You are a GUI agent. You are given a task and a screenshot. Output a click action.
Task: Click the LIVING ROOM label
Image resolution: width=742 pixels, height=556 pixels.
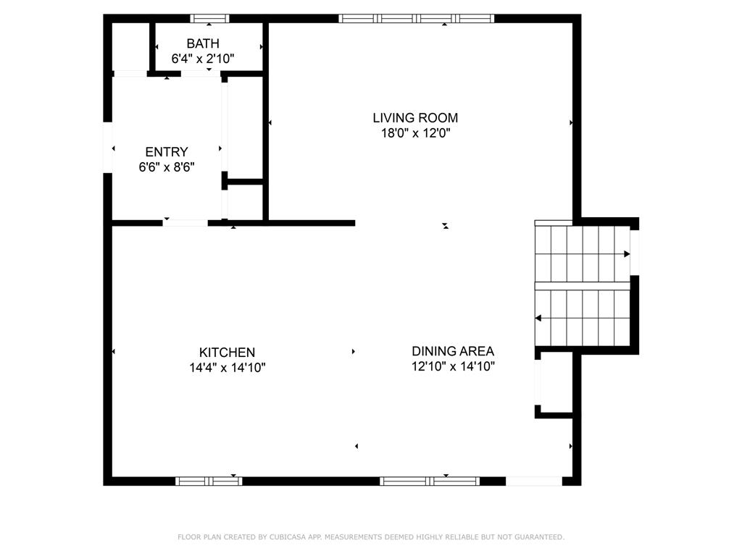[415, 117]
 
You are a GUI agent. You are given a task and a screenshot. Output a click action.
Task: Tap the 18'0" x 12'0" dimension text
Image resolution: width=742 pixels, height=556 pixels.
[415, 133]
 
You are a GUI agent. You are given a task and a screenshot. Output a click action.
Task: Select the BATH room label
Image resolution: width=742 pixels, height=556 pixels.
[203, 43]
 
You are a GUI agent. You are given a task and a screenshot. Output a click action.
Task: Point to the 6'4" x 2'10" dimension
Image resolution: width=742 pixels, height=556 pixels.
[203, 58]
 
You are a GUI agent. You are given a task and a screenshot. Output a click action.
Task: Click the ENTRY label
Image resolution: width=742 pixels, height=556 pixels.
[167, 152]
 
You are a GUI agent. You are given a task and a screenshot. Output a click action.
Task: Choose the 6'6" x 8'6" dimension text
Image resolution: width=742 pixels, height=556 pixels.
[167, 167]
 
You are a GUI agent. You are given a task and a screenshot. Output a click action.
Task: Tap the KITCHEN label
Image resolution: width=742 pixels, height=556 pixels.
[228, 353]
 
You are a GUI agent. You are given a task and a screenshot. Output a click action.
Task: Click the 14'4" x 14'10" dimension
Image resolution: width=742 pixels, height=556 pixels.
[228, 368]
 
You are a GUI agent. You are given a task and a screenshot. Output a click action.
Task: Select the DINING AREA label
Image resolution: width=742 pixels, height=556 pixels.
[453, 351]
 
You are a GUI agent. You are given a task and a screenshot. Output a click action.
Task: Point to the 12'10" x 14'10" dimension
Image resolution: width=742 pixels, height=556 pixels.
[453, 366]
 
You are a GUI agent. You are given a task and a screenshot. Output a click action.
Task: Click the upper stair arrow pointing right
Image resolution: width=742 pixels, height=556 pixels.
[626, 254]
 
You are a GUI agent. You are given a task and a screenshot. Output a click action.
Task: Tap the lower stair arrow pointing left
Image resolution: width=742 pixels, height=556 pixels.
[538, 318]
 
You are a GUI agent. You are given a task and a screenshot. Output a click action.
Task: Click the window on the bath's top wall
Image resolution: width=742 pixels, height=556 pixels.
[209, 18]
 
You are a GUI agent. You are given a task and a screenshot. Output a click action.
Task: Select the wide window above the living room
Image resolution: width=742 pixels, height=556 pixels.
[417, 18]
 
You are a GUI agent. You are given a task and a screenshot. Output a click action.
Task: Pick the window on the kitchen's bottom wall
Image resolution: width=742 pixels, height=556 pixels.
[209, 481]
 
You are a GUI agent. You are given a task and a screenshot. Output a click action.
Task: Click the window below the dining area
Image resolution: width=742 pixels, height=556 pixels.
[430, 481]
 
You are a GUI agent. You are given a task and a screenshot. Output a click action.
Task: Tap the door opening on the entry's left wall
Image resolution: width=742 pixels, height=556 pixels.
[108, 148]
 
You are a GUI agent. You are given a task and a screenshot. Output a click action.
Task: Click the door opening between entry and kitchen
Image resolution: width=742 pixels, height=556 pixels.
[185, 223]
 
